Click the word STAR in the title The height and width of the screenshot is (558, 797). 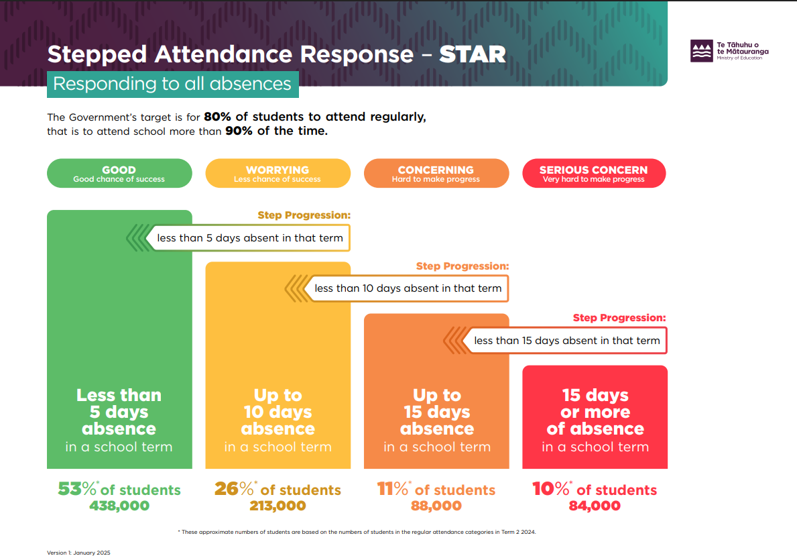click(473, 54)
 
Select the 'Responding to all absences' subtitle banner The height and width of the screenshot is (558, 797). click(172, 84)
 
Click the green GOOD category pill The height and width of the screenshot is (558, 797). click(119, 174)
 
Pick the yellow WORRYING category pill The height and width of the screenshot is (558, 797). click(278, 174)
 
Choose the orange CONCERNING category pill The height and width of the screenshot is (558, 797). click(436, 174)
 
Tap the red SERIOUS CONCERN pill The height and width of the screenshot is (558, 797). click(594, 174)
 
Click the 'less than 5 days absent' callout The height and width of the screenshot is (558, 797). click(249, 237)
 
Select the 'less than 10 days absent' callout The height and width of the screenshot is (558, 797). click(408, 288)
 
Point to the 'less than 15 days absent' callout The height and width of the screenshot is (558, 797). click(566, 340)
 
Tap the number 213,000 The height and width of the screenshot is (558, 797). click(278, 506)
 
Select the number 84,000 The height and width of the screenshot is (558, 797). click(595, 506)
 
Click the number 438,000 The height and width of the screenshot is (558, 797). click(119, 506)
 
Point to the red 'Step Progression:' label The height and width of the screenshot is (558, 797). click(619, 318)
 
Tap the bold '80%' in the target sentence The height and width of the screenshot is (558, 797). click(217, 117)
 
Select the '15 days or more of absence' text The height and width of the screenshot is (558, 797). click(595, 412)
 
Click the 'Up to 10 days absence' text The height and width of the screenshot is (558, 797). click(278, 412)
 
